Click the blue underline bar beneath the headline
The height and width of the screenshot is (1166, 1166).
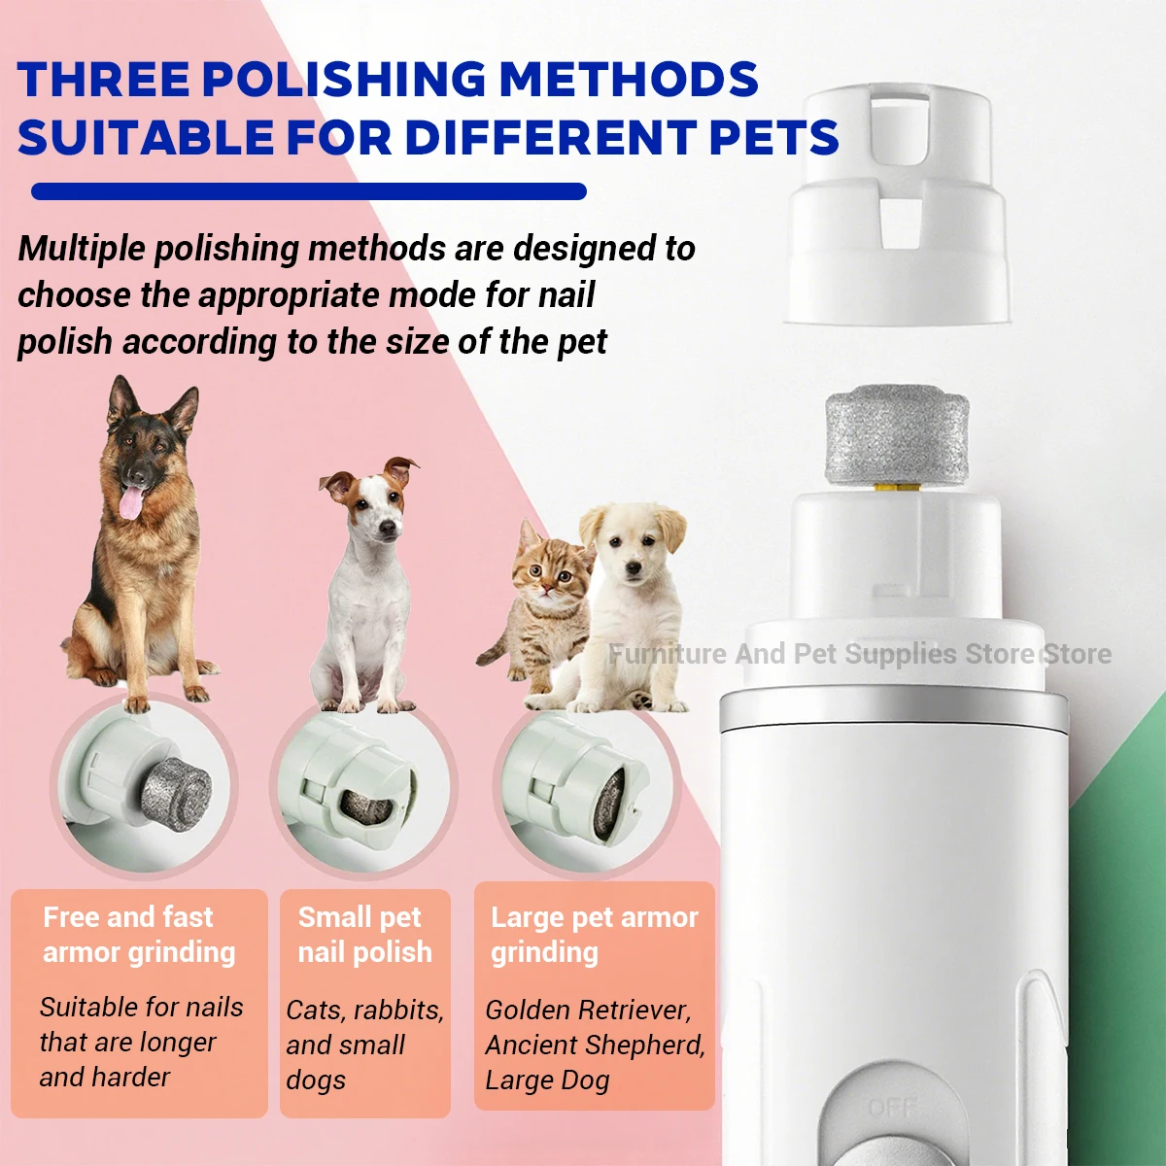coord(309,191)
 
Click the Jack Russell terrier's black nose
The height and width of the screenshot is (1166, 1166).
coord(389,528)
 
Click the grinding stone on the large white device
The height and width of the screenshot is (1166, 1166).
coord(897,437)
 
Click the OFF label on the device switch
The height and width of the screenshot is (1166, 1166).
coord(891,1107)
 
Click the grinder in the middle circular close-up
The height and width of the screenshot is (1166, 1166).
coord(366,803)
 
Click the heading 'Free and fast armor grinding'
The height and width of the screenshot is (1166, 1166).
coord(138,935)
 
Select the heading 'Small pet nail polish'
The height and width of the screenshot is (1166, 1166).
coord(364,935)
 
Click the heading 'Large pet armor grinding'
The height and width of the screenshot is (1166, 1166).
coord(594,935)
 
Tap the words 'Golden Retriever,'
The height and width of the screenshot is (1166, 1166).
coord(588,1010)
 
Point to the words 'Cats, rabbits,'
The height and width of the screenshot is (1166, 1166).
coord(364,1010)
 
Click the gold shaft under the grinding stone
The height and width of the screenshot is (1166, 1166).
coord(896,489)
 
